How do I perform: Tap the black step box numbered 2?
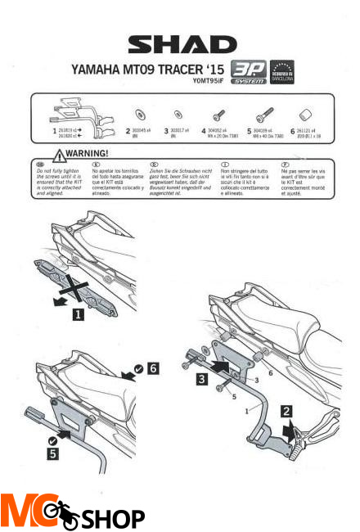(x=286, y=412)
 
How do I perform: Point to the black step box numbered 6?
(x=156, y=369)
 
